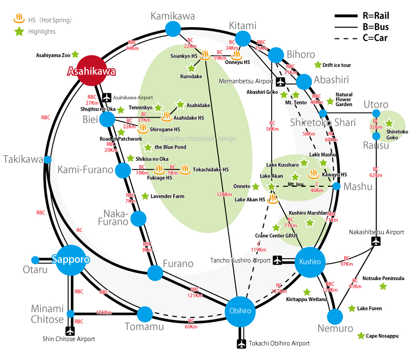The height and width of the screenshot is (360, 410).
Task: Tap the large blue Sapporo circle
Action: click(x=71, y=260)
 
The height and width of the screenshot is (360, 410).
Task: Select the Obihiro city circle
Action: click(x=240, y=311)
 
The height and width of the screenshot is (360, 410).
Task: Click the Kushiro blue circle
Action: click(x=310, y=262)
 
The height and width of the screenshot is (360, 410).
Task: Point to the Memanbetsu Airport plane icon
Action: click(x=281, y=81)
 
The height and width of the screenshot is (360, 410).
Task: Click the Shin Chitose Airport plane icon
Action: click(x=71, y=331)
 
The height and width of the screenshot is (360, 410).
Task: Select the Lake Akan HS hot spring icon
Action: click(x=273, y=199)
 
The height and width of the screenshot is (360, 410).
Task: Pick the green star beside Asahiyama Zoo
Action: click(x=75, y=54)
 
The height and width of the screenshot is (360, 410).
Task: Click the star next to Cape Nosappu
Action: click(x=361, y=336)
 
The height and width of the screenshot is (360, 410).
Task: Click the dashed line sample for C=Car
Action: click(x=345, y=37)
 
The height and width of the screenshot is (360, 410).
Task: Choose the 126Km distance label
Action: click(x=224, y=194)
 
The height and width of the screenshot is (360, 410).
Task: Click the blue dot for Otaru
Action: click(x=35, y=260)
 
